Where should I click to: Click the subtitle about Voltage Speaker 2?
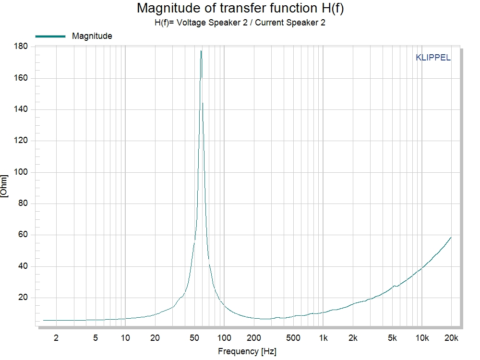click(x=240, y=22)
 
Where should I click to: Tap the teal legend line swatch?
click(x=50, y=36)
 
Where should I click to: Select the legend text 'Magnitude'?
click(x=92, y=36)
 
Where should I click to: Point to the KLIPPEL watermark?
click(x=433, y=58)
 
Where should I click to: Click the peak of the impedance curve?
click(x=201, y=51)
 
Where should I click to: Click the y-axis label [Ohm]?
click(x=4, y=186)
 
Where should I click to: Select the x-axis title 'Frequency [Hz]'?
click(x=247, y=351)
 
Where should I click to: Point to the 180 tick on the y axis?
click(x=22, y=47)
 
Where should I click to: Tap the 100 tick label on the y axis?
click(x=22, y=172)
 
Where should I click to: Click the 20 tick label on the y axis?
click(x=24, y=298)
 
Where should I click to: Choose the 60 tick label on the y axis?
click(x=24, y=235)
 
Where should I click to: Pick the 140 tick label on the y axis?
click(x=22, y=109)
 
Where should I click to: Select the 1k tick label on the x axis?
click(x=324, y=337)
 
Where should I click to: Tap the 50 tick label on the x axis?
click(x=194, y=337)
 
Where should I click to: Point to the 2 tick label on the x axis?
click(x=56, y=337)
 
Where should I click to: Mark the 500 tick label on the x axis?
click(x=293, y=337)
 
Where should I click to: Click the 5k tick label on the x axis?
click(x=392, y=337)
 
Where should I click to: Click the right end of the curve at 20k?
click(x=451, y=237)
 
